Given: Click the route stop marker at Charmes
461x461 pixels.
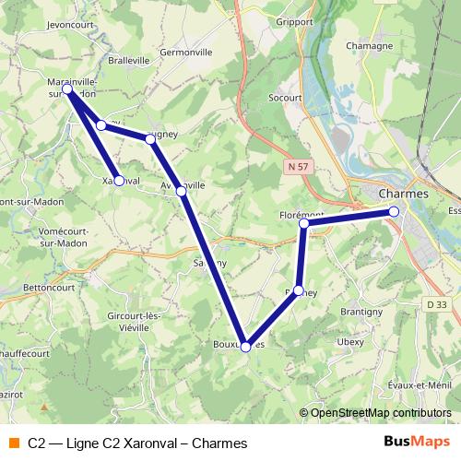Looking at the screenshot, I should pos(394,212).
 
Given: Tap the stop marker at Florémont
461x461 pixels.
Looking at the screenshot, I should pos(303,223).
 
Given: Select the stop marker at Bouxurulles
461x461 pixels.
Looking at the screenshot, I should pos(245,347).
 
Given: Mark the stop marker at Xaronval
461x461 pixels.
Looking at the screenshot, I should pos(119,181).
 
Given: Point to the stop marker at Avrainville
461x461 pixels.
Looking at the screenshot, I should pos(182,190).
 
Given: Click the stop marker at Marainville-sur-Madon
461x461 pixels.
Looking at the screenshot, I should pos(67,88).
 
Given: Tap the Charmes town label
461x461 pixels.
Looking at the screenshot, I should pos(404,194).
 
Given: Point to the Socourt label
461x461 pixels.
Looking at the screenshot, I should pos(286,95).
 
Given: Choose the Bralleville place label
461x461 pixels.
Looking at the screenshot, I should pos(128,60).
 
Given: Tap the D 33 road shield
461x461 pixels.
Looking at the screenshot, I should pos(436,304).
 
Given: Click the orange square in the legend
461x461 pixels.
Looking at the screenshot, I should pos(14,443).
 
